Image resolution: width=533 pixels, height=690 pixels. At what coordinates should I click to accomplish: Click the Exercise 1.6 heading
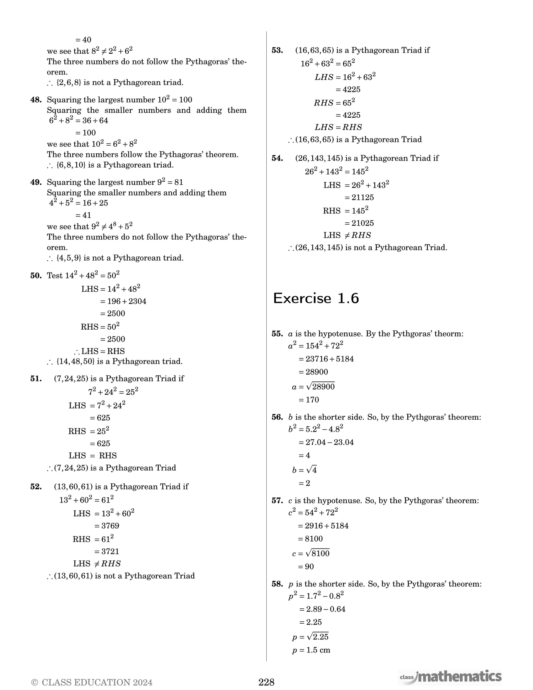[316, 299]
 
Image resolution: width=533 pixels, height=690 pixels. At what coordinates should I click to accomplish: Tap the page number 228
[266, 682]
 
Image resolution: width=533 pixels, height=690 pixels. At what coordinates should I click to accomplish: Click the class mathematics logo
[450, 677]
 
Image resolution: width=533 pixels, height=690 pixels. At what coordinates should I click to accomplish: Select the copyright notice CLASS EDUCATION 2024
[92, 682]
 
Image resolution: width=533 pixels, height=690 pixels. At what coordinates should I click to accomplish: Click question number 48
[36, 100]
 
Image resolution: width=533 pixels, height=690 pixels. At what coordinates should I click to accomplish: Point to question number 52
[36, 487]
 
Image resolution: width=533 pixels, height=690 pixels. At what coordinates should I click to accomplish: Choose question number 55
[277, 334]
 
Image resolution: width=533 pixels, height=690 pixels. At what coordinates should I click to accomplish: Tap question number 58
[277, 584]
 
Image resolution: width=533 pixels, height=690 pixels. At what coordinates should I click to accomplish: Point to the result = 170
[309, 400]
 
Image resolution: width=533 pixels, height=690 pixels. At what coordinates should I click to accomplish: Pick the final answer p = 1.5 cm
[311, 650]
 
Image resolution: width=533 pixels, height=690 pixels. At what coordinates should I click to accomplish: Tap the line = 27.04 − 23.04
[326, 442]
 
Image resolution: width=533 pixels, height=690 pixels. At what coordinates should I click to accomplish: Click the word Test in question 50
[55, 276]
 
